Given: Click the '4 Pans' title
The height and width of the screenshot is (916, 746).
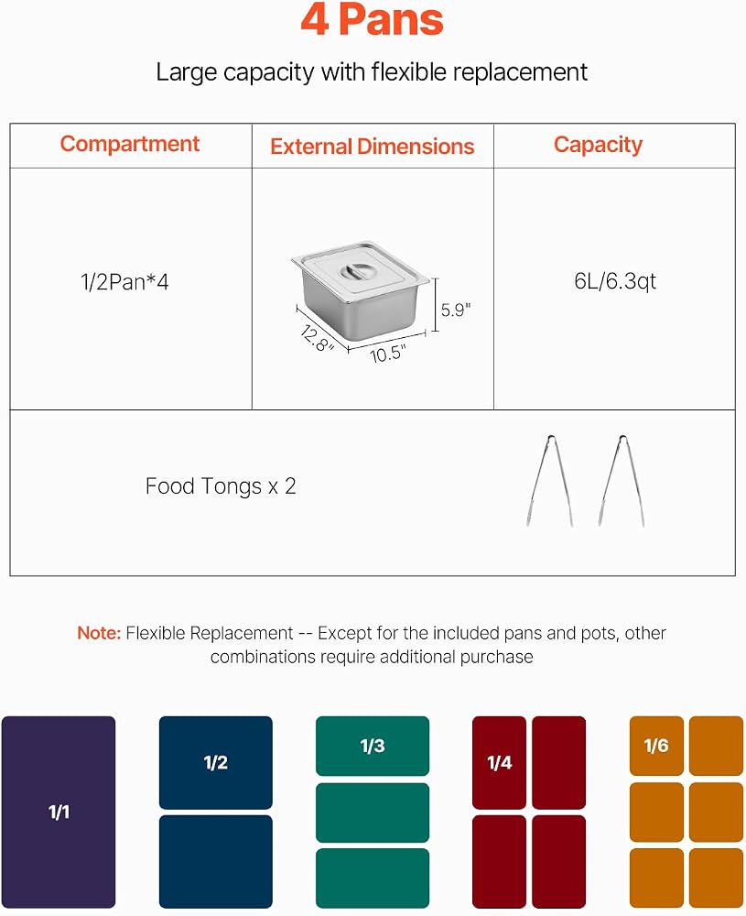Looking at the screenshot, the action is coord(373,20).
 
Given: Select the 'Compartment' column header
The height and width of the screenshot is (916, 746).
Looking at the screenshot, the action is coord(130,144).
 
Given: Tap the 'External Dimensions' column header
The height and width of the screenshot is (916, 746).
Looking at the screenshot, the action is coord(373,146).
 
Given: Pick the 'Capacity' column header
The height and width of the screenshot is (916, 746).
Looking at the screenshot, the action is coord(599,145).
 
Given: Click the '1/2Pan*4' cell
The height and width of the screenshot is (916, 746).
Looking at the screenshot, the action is coord(124,282).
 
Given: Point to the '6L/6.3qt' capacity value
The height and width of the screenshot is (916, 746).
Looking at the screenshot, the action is coord(615,281).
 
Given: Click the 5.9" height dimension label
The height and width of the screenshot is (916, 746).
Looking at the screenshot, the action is coord(456,311).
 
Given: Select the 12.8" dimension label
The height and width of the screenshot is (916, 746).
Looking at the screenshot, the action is coord(317,339).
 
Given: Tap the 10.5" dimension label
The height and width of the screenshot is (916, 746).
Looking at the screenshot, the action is coord(387,354).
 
